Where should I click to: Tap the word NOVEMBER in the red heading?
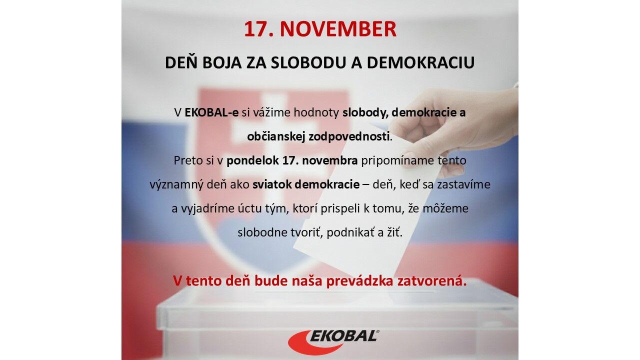338,29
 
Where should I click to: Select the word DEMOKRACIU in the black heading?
420,63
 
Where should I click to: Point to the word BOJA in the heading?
221,63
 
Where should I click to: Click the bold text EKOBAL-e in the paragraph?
211,112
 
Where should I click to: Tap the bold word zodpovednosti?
349,137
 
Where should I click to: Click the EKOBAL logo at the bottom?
333,342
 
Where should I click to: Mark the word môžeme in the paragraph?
445,208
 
